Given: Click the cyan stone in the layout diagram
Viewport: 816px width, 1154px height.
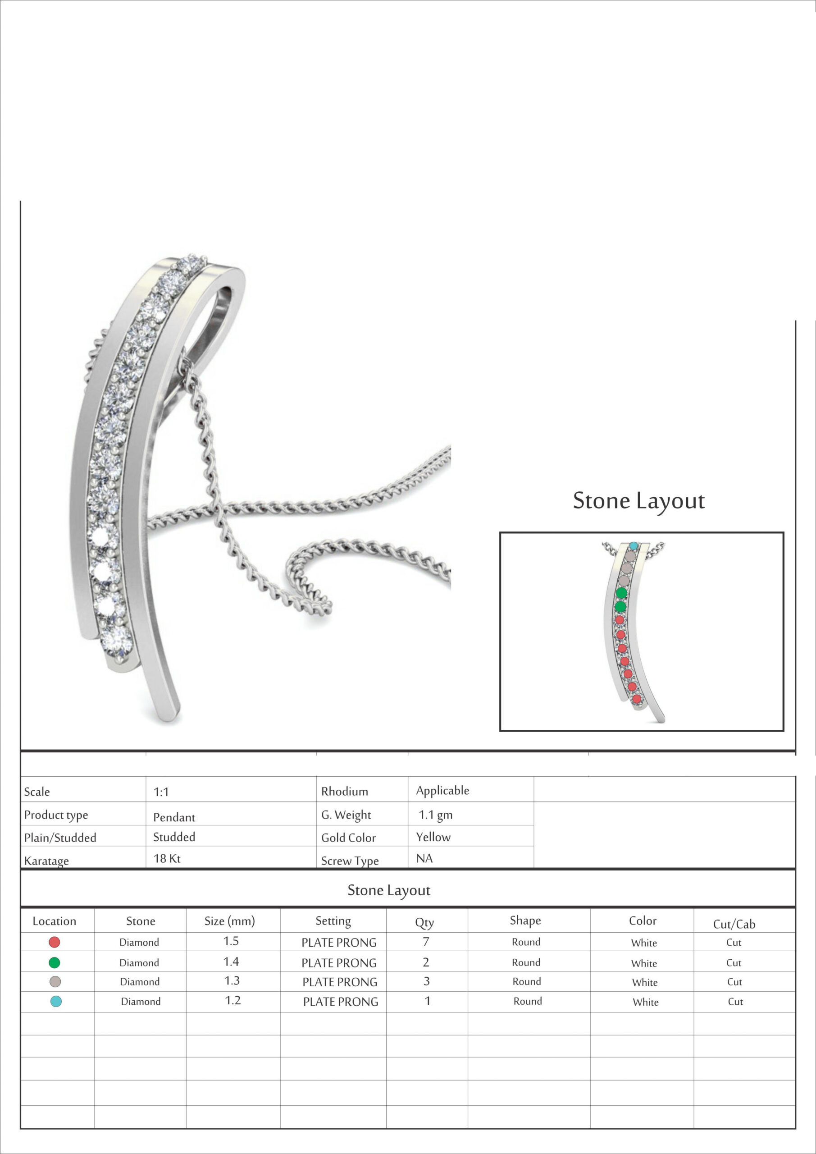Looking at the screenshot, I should click(634, 546).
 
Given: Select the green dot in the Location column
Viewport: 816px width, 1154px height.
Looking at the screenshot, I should click(54, 962).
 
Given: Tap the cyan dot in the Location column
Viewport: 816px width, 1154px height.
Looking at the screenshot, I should click(56, 1001).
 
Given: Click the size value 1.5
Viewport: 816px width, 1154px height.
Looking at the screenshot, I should click(231, 941).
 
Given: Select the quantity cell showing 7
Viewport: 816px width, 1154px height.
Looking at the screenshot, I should click(426, 941).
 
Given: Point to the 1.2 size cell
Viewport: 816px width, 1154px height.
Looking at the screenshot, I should click(232, 1001).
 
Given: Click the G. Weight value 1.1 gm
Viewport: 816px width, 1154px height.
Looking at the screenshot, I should click(436, 815).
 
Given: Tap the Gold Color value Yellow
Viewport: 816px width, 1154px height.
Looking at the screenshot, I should click(433, 837).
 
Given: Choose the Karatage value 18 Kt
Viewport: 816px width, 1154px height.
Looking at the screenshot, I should click(167, 858).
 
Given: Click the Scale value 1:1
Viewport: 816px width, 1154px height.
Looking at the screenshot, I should click(161, 792).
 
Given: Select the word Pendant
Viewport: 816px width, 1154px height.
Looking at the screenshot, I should click(174, 817).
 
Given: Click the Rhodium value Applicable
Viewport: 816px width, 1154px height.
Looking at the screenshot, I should click(442, 791).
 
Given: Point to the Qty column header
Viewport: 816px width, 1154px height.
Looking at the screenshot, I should click(424, 922).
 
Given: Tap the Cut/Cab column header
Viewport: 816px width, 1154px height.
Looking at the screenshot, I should click(734, 924).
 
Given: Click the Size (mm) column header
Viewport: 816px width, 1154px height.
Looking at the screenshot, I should click(230, 921).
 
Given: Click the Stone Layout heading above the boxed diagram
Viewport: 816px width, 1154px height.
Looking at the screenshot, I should click(638, 501).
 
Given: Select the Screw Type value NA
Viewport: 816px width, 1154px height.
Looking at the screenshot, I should click(424, 858).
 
